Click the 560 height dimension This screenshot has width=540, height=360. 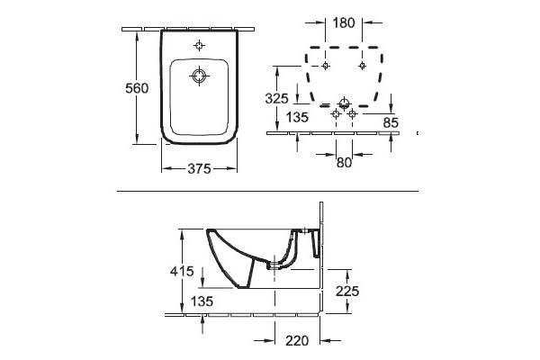[x=137, y=88]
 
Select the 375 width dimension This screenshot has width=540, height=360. [x=199, y=168]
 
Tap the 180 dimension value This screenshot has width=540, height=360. [x=344, y=22]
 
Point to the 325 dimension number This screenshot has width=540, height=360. [x=276, y=98]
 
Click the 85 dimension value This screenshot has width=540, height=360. [x=391, y=122]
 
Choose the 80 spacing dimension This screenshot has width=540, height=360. [x=344, y=162]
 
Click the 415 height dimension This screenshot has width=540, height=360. [x=182, y=271]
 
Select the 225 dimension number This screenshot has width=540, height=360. [x=347, y=291]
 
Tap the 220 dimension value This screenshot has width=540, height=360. [x=297, y=341]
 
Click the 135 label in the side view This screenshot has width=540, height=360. [x=202, y=301]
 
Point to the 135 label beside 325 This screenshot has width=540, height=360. [x=298, y=117]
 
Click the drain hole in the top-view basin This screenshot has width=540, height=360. [x=199, y=76]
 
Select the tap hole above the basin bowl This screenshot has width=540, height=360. [x=199, y=45]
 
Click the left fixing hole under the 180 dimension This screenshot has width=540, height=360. [x=325, y=66]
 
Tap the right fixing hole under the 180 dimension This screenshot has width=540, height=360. [x=362, y=66]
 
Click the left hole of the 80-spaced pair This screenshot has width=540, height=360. [x=336, y=113]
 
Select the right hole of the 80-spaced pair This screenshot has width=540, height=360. [x=352, y=113]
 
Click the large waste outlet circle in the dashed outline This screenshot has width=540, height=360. [x=344, y=103]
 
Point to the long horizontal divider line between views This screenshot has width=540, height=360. [x=267, y=191]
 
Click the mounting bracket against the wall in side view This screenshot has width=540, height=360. [x=316, y=244]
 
